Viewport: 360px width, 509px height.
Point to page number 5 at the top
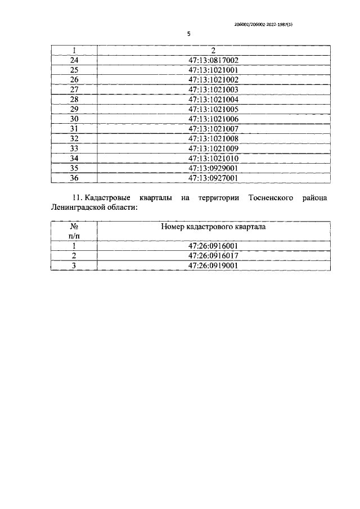(189, 34)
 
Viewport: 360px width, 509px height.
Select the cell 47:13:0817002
(213, 60)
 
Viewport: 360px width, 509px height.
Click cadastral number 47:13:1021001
(213, 70)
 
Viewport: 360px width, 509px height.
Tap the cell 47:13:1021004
(213, 100)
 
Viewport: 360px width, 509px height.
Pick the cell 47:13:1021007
(213, 129)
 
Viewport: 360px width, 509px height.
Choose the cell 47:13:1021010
(213, 158)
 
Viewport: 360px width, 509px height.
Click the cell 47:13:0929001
(213, 168)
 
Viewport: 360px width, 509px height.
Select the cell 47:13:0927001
(213, 178)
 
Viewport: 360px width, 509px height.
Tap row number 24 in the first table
(74, 60)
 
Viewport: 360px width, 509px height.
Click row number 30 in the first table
(74, 119)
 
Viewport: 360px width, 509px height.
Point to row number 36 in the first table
(74, 178)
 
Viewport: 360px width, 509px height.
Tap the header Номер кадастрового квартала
(213, 227)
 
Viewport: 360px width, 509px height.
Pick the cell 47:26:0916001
(213, 246)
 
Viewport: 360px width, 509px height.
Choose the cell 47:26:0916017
(213, 255)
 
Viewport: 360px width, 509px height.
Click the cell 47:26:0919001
(213, 265)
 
